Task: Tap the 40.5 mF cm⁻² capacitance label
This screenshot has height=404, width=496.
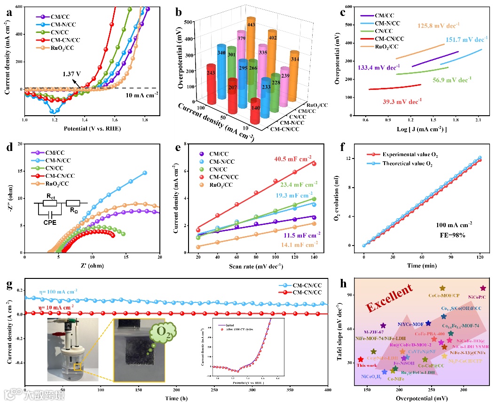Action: (x=297, y=160)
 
